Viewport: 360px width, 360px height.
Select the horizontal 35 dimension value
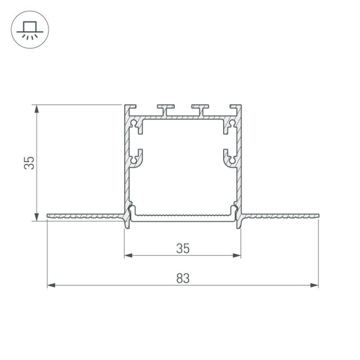183,247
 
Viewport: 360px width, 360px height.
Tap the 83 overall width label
183,278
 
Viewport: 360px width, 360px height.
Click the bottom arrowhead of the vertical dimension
38,217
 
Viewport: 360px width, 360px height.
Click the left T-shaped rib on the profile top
166,109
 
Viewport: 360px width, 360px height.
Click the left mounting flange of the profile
84,215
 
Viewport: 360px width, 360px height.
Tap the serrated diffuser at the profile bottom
183,215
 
